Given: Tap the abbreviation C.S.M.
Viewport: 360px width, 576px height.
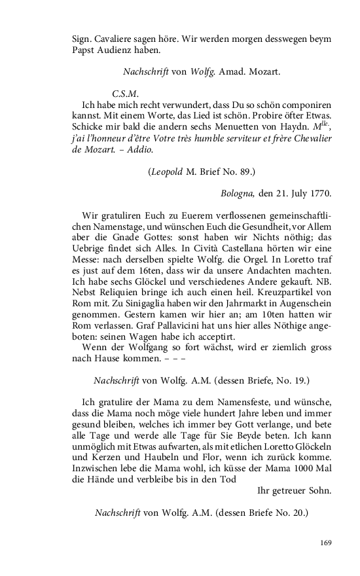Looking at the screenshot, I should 124,92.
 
